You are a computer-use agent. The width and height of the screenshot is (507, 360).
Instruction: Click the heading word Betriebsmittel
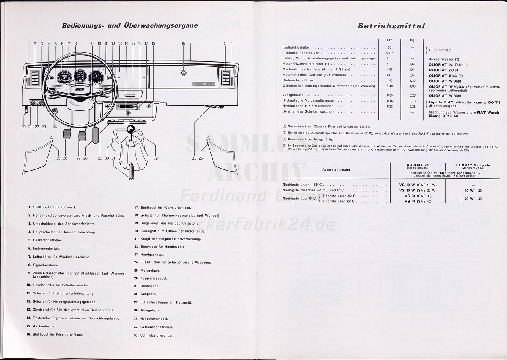(x=391, y=26)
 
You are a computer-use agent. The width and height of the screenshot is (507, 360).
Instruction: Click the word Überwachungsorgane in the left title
(x=160, y=26)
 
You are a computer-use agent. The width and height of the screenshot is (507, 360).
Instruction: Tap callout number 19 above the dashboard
(x=184, y=44)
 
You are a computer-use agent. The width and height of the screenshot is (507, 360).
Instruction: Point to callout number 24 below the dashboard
(x=55, y=127)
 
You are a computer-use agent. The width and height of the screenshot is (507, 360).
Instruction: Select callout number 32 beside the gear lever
(x=155, y=158)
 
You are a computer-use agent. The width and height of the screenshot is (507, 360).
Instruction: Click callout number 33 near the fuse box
(x=194, y=158)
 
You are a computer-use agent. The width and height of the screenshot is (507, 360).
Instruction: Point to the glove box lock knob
(x=183, y=73)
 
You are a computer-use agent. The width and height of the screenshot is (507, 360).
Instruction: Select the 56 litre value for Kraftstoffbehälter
(x=389, y=47)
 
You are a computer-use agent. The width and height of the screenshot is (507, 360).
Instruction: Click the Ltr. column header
(x=389, y=40)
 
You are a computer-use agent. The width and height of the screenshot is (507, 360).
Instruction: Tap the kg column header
(x=412, y=40)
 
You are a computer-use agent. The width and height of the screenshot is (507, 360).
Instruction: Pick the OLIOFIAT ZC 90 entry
(x=443, y=70)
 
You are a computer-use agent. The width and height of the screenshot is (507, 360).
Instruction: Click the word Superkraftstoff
(x=441, y=50)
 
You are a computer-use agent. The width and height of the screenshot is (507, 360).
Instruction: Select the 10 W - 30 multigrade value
(x=473, y=191)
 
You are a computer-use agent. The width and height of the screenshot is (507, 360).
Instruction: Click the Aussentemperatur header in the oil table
(x=336, y=170)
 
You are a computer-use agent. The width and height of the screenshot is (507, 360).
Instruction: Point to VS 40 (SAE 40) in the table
(x=418, y=201)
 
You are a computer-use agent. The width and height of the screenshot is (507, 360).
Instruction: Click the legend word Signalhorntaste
(x=46, y=265)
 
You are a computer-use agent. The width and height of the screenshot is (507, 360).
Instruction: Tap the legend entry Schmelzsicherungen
(x=157, y=335)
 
